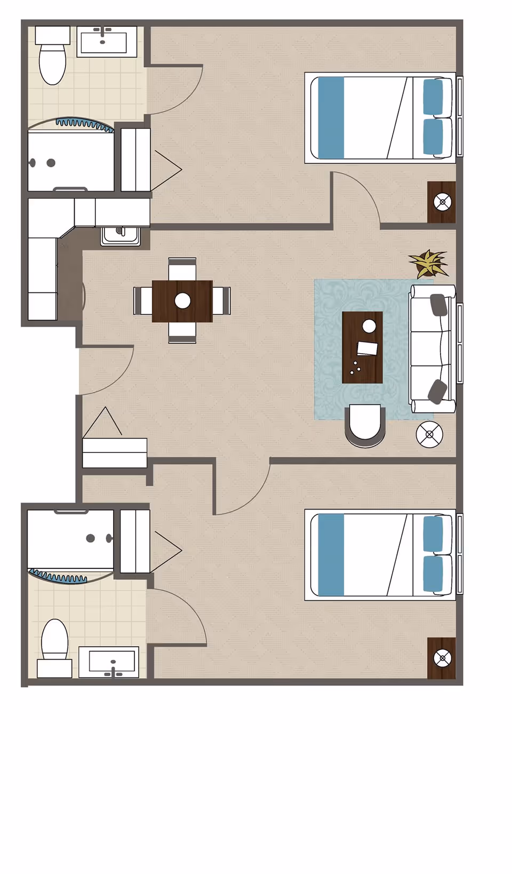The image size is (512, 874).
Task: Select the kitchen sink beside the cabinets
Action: tap(121, 235)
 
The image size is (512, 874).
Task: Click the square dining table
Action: tap(182, 301)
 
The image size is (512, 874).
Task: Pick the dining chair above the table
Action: tap(182, 268)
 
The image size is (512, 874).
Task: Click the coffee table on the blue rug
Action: tap(362, 347)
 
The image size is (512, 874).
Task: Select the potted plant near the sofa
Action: tap(428, 264)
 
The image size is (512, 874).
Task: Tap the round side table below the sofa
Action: tap(429, 434)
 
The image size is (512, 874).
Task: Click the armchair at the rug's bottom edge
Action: tap(365, 425)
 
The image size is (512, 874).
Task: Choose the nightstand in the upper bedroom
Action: tap(442, 202)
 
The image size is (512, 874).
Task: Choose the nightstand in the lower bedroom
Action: tap(442, 658)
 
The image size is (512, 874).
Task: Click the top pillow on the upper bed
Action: tap(433, 97)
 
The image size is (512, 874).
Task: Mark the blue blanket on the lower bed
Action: tap(331, 554)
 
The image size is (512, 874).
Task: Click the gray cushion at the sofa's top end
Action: tap(438, 305)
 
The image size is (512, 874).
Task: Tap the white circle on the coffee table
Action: tap(369, 325)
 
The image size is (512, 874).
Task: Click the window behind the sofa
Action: tap(460, 343)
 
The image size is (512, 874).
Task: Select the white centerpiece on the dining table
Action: tap(182, 300)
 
